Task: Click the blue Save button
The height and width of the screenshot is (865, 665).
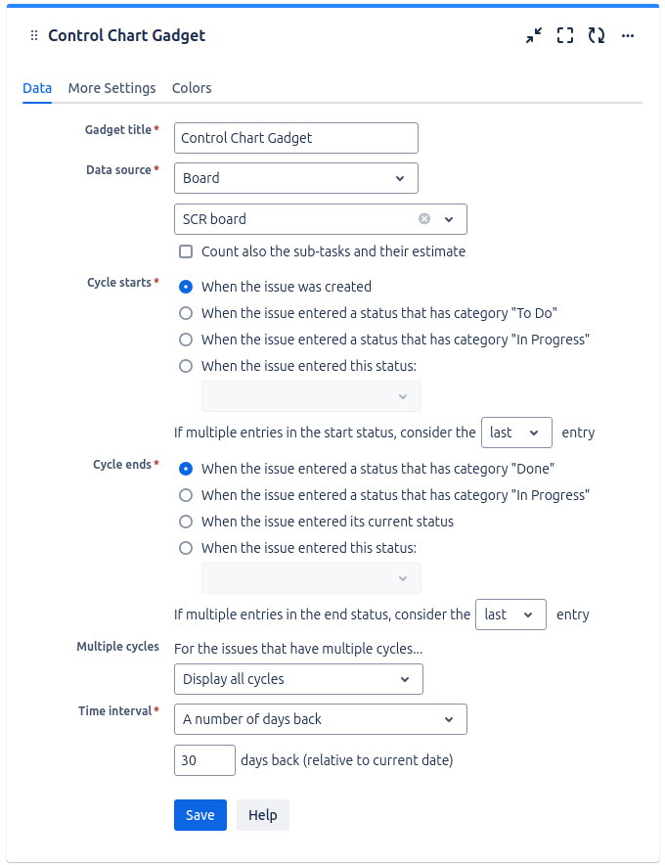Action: [x=199, y=815]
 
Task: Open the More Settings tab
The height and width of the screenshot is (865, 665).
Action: [x=111, y=88]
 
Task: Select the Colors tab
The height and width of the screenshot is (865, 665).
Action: [x=192, y=88]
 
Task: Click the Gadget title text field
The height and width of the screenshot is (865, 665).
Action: [x=295, y=138]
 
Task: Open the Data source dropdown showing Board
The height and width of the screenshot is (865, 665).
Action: [x=295, y=178]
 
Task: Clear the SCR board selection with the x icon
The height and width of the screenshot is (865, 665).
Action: [x=424, y=219]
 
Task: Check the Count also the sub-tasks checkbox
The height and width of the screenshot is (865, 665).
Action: [x=186, y=251]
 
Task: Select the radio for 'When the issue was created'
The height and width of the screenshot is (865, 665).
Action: [x=186, y=287]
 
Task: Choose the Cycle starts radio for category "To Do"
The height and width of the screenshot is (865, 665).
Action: [x=186, y=313]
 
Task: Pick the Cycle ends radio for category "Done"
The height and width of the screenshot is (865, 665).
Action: [x=186, y=469]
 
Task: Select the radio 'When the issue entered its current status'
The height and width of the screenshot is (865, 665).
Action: [x=186, y=522]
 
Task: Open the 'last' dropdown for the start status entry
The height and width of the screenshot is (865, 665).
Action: [x=516, y=432]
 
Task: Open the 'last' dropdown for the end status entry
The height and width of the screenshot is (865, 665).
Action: [x=510, y=615]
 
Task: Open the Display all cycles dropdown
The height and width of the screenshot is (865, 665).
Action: [x=298, y=679]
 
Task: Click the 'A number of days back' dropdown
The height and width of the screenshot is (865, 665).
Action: [x=320, y=719]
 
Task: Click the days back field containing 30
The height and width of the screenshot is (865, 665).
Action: [x=204, y=760]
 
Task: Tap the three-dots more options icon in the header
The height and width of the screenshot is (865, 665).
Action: [x=628, y=36]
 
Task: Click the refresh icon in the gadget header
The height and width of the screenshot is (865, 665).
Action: [x=597, y=36]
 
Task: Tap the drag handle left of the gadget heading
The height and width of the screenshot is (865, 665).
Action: [x=34, y=36]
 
